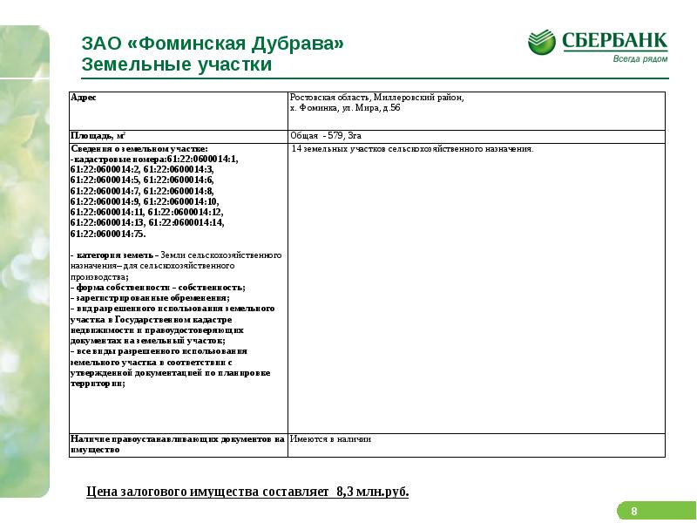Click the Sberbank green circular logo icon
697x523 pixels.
[542, 44]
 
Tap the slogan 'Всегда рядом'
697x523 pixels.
[639, 58]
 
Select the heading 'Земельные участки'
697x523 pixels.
[177, 65]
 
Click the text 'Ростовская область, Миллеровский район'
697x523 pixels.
[377, 98]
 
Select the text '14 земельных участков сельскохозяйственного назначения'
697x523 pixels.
[411, 149]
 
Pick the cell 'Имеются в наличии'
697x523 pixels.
[331, 439]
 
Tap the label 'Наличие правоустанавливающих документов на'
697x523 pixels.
[178, 439]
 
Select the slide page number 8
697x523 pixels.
[634, 511]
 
